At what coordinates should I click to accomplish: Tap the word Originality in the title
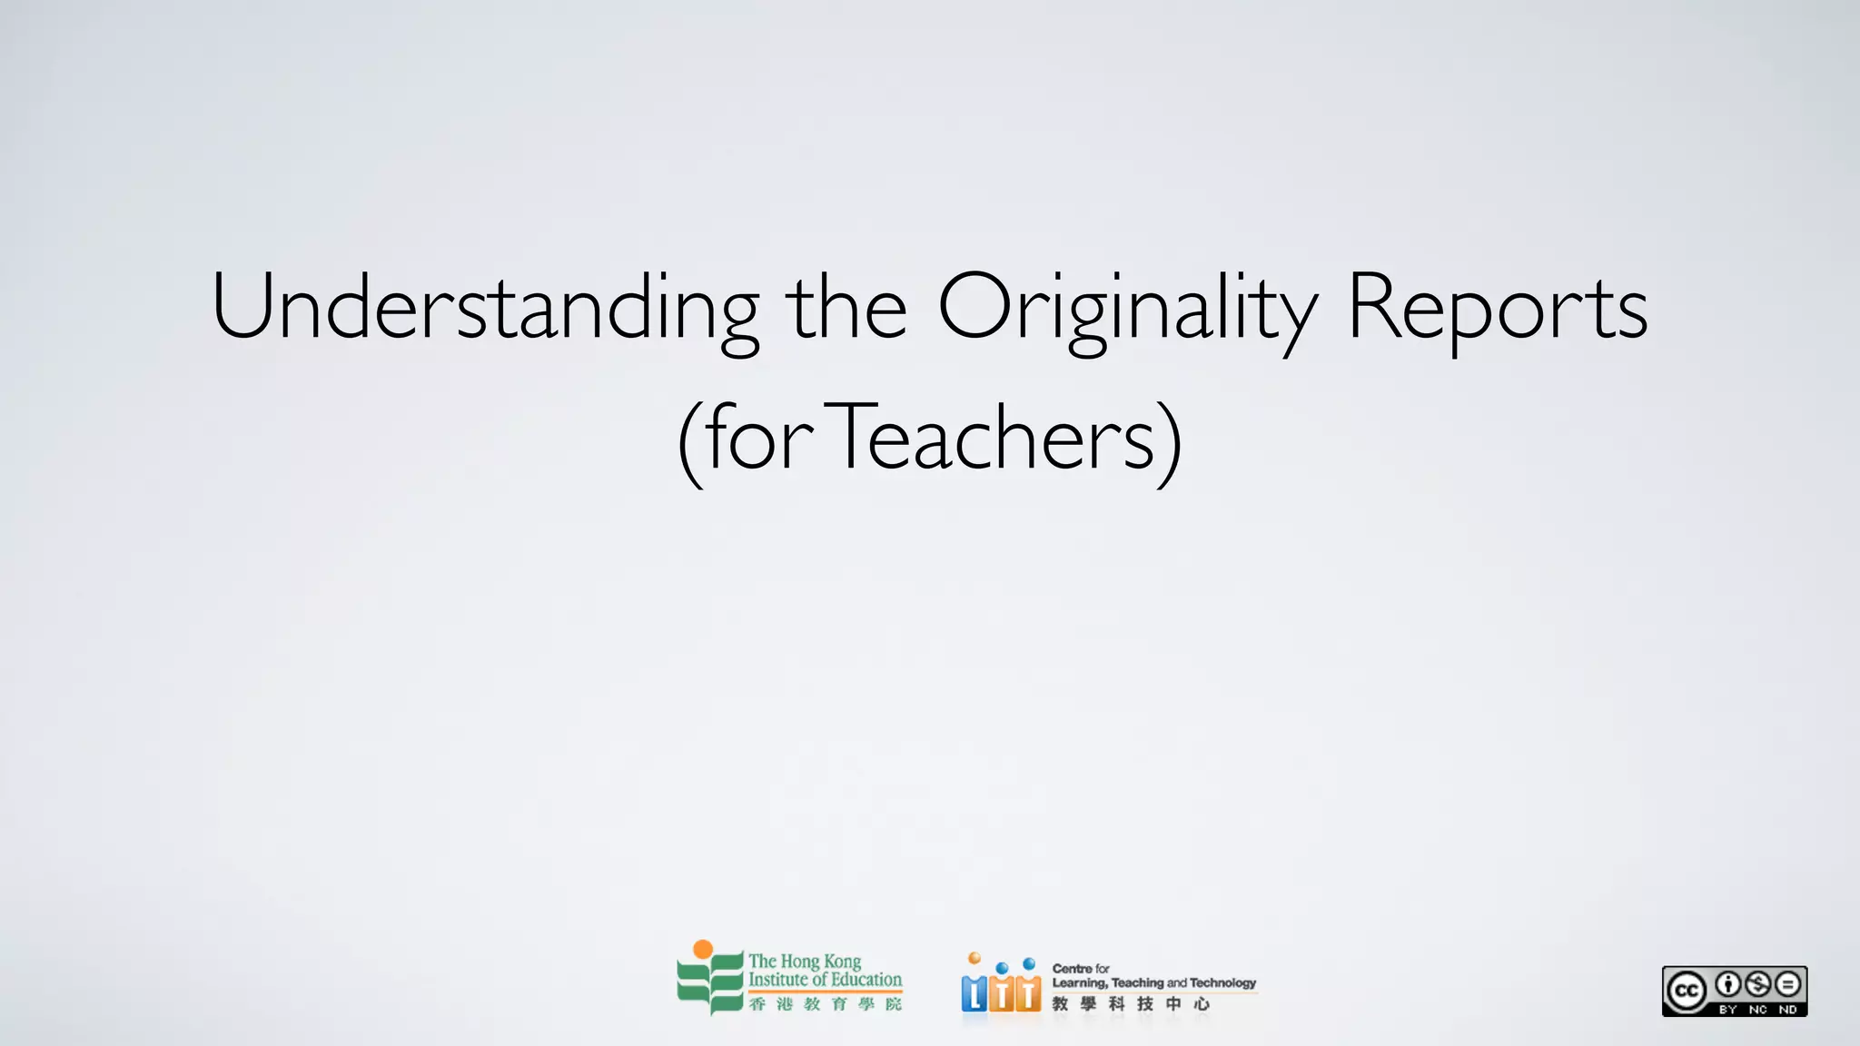[1126, 309]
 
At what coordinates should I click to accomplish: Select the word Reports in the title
[1497, 309]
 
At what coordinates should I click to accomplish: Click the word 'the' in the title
[846, 309]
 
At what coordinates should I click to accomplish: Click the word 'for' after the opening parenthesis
[759, 439]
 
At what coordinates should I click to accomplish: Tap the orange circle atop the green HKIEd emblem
[702, 950]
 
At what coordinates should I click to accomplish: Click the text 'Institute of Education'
[825, 980]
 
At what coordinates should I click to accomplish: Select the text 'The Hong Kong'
[805, 961]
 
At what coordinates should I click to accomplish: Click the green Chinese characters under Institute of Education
[825, 1003]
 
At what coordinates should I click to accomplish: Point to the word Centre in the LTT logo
[1072, 969]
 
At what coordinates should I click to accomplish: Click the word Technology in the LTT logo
[1222, 983]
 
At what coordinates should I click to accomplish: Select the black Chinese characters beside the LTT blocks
[1131, 1003]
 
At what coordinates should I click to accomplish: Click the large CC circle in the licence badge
[1687, 991]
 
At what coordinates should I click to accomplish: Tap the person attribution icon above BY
[1727, 984]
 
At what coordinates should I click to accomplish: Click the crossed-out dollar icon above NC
[1757, 984]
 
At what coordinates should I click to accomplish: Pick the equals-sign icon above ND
[1787, 984]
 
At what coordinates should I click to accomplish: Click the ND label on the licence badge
[1787, 1009]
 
